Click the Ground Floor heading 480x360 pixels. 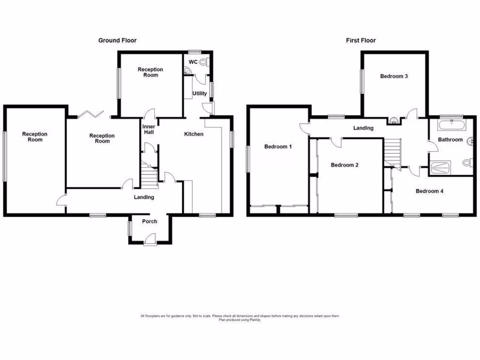click(117, 41)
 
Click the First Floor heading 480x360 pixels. click(361, 41)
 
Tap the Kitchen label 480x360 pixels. click(194, 135)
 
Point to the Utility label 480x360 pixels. click(200, 94)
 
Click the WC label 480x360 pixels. click(193, 62)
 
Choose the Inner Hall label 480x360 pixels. click(148, 129)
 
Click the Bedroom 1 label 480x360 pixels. click(278, 147)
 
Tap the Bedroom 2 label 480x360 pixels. click(345, 165)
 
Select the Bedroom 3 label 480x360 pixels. click(394, 76)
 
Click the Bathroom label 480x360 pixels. click(450, 140)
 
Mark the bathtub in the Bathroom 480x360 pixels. click(451, 125)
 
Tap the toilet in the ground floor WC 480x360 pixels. click(203, 62)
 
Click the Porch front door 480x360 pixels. click(150, 241)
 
